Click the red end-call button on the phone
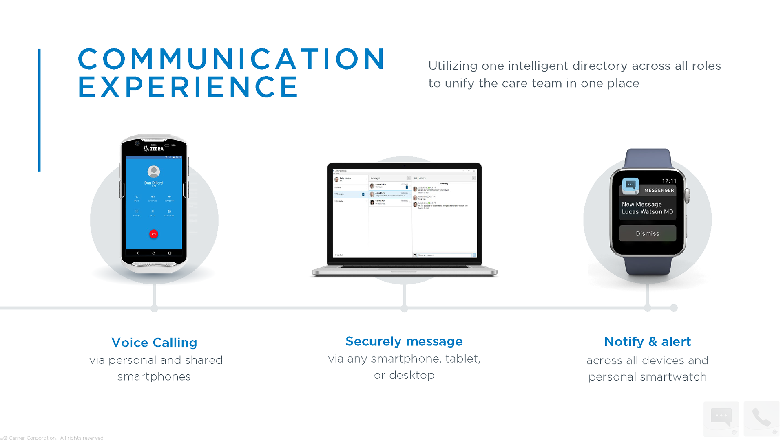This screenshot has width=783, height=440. (x=154, y=234)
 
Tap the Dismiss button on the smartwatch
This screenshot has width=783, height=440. (x=647, y=233)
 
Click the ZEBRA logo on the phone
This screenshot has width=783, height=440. (x=154, y=149)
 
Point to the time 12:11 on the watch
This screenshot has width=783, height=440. (x=668, y=181)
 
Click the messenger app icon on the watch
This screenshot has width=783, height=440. (x=630, y=185)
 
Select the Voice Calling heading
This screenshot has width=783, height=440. (x=154, y=343)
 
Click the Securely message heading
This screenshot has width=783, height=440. (x=404, y=341)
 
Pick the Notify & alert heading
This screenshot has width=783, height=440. (x=647, y=342)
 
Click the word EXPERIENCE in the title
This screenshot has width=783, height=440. (x=188, y=87)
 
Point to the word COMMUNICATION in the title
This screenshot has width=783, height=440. (x=231, y=59)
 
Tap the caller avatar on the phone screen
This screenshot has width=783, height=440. (x=154, y=172)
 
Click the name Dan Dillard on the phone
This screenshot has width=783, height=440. (x=153, y=183)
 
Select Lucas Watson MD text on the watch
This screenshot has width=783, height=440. (x=647, y=212)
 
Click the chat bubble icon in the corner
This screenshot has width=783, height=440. (x=721, y=418)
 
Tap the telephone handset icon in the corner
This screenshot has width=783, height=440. (x=761, y=418)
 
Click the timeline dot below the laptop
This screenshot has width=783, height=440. (x=404, y=309)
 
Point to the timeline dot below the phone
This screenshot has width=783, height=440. (x=154, y=309)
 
